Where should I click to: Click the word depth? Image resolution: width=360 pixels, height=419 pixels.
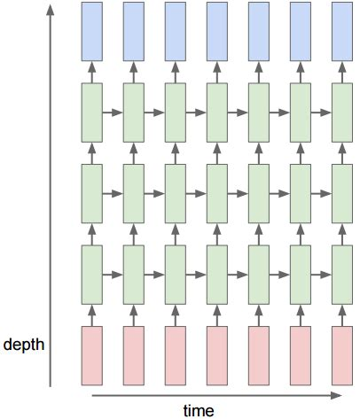[25, 344]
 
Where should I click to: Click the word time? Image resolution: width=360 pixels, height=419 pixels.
[199, 408]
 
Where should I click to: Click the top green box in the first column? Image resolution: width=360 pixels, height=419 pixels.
[91, 112]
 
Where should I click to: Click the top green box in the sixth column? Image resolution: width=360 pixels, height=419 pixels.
[300, 112]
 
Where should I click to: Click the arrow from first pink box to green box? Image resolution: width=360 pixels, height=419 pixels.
[91, 314]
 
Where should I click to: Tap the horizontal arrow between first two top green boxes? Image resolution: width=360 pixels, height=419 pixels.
[113, 113]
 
